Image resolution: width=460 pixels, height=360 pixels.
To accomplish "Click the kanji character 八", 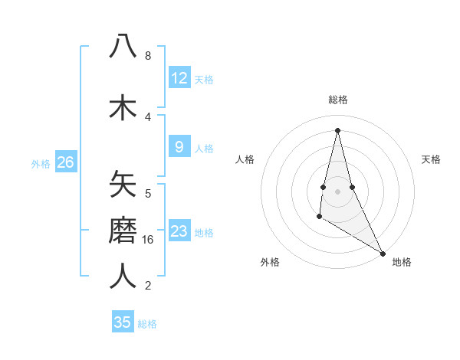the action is (x=123, y=47).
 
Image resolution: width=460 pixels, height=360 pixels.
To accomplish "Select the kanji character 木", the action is (x=123, y=106).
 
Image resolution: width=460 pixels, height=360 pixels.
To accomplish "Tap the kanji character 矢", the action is (x=123, y=185).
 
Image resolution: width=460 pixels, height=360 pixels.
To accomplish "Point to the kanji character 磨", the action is (x=123, y=231).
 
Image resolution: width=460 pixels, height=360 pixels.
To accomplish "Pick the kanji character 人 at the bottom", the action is (x=123, y=276).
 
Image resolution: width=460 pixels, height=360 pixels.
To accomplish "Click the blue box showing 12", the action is (x=179, y=78).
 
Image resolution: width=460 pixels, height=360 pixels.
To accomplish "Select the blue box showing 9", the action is (x=179, y=147).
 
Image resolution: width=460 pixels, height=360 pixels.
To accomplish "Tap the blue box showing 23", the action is (x=179, y=231).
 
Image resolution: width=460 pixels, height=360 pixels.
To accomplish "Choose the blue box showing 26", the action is (x=65, y=162).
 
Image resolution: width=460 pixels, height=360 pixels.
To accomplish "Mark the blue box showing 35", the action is (x=123, y=322).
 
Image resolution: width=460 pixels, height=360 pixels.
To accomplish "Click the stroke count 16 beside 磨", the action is (x=149, y=240).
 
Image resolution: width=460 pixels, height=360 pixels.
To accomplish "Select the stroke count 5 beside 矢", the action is (x=147, y=193).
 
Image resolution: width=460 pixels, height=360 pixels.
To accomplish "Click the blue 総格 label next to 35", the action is (x=147, y=324).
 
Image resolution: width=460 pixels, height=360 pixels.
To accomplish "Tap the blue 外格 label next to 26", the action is (x=41, y=163).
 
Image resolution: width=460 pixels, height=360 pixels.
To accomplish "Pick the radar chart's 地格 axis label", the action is (x=402, y=262).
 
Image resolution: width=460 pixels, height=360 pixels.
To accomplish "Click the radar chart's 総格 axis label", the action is (x=337, y=100).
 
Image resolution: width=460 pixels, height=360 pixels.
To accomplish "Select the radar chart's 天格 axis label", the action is (x=431, y=159).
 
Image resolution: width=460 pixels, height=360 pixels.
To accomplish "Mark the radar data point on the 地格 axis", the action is (x=383, y=254).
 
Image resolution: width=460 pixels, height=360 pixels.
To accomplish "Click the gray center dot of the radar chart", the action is (x=337, y=191).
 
